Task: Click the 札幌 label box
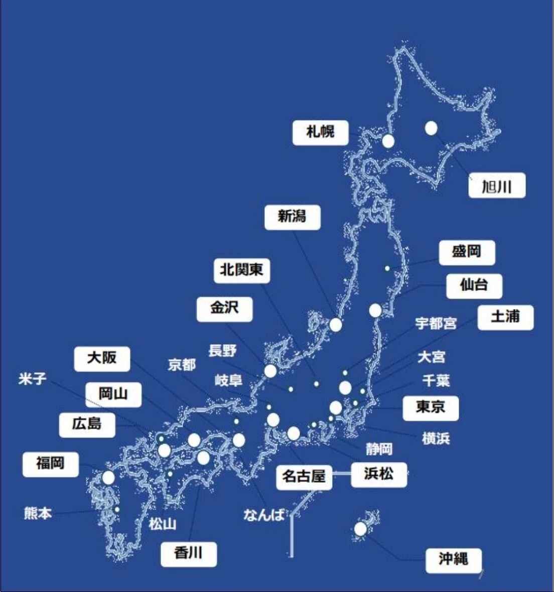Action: pyautogui.click(x=320, y=132)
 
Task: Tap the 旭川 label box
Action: pyautogui.click(x=496, y=186)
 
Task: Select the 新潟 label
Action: pyautogui.click(x=292, y=217)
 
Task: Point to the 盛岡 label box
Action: pyautogui.click(x=467, y=252)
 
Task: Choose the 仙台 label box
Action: pyautogui.click(x=474, y=285)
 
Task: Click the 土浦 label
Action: pyautogui.click(x=505, y=317)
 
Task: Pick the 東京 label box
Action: pyautogui.click(x=431, y=407)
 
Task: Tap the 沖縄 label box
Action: pyautogui.click(x=453, y=559)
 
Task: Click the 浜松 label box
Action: pyautogui.click(x=379, y=474)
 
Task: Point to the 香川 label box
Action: pyautogui.click(x=188, y=553)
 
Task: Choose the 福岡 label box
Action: pyautogui.click(x=50, y=464)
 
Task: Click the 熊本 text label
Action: pyautogui.click(x=38, y=513)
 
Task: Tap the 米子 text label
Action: pyautogui.click(x=33, y=379)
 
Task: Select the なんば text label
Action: pyautogui.click(x=264, y=515)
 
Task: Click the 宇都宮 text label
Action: pyautogui.click(x=436, y=324)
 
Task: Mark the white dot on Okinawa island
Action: pyautogui.click(x=360, y=529)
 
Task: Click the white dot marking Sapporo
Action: pyautogui.click(x=388, y=141)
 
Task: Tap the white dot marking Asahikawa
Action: pyautogui.click(x=431, y=128)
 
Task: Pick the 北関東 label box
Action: pyautogui.click(x=241, y=270)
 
